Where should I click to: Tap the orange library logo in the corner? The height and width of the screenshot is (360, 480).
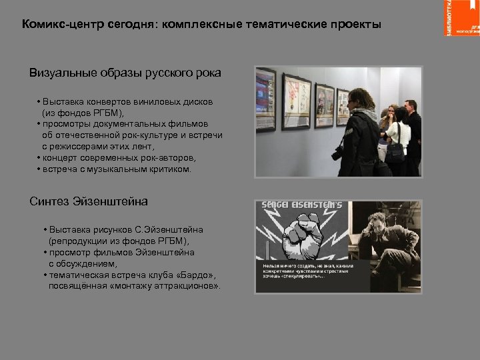(461, 18)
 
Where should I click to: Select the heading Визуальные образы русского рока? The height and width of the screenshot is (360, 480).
(125, 72)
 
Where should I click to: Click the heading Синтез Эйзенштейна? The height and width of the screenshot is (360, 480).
(89, 201)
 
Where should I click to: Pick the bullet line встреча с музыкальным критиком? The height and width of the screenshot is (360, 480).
(116, 169)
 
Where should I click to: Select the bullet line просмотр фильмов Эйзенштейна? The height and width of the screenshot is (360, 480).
(120, 253)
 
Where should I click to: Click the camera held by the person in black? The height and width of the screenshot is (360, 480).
(337, 153)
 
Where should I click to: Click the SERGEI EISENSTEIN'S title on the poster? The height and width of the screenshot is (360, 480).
(301, 205)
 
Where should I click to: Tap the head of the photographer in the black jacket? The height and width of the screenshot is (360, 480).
(358, 99)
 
